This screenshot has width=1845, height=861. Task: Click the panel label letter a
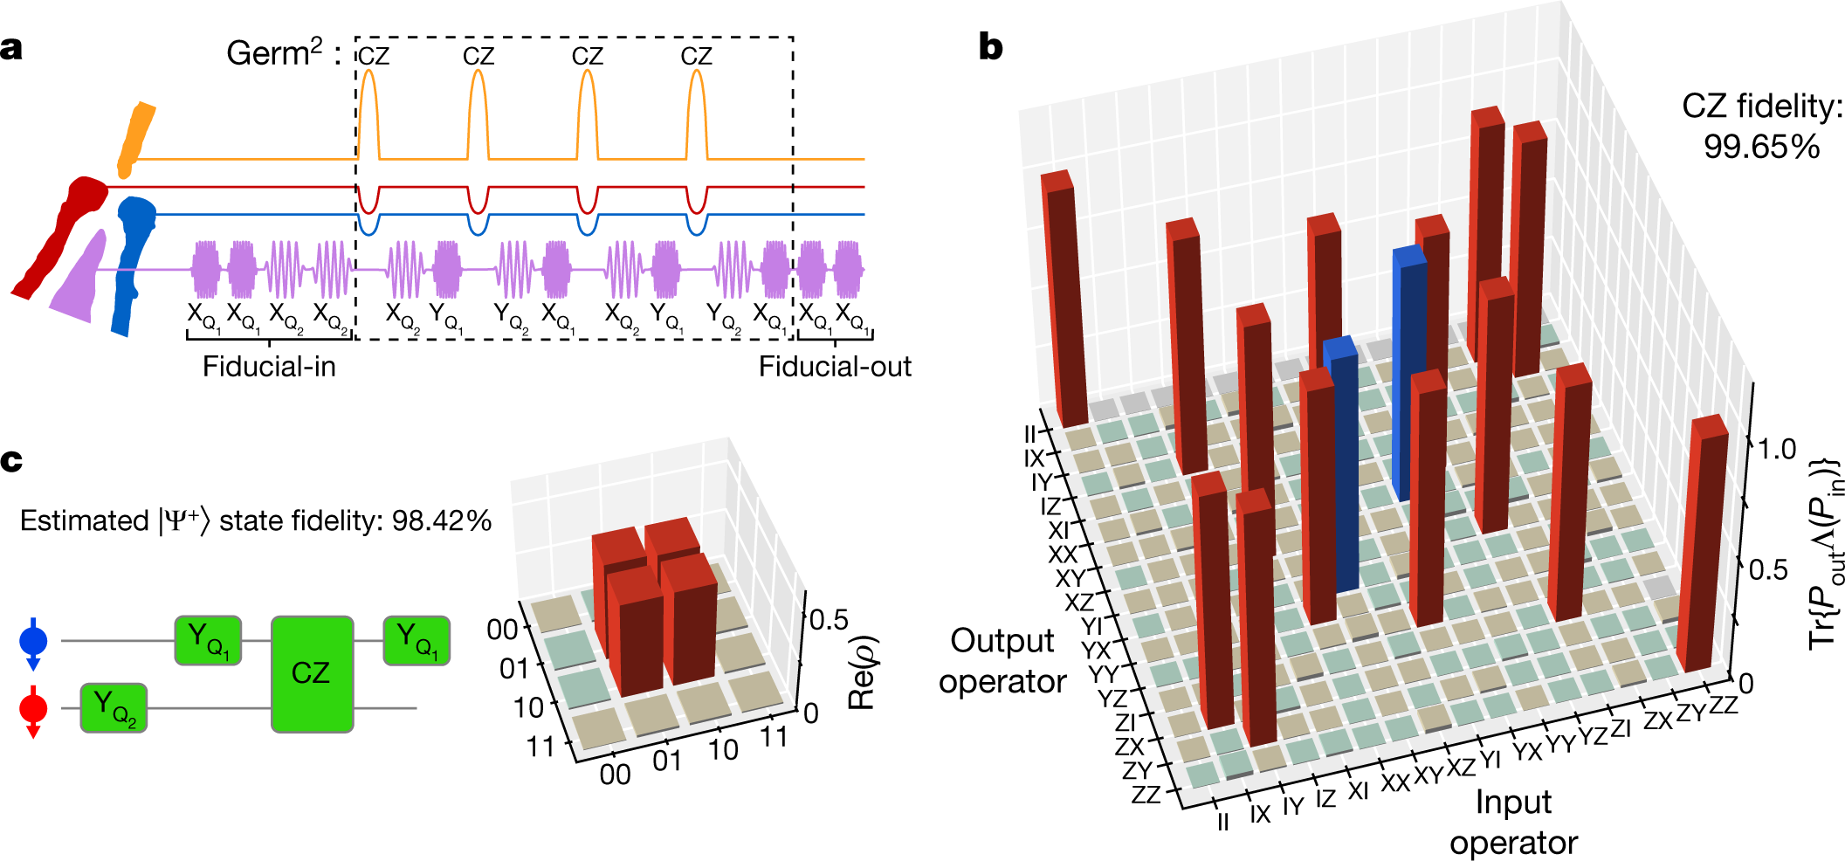(x=12, y=48)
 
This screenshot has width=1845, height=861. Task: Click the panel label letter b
(x=990, y=45)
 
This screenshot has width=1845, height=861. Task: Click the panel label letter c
(x=11, y=460)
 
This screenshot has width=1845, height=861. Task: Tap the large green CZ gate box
(x=312, y=673)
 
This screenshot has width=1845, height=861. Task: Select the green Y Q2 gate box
(x=114, y=707)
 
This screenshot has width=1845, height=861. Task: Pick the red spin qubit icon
(x=33, y=709)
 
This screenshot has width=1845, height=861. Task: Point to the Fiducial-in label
(x=269, y=367)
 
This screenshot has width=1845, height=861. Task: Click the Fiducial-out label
(x=834, y=367)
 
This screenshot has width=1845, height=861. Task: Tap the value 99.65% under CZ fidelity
(x=1761, y=146)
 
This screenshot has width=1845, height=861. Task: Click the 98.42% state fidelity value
(x=442, y=520)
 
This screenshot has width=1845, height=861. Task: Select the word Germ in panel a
(x=267, y=54)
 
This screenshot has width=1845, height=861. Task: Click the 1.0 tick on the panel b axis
(x=1776, y=450)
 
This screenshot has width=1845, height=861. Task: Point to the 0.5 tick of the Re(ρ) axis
(x=829, y=620)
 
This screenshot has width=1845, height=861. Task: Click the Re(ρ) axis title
(x=862, y=672)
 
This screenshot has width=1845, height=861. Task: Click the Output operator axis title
(x=1002, y=661)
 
